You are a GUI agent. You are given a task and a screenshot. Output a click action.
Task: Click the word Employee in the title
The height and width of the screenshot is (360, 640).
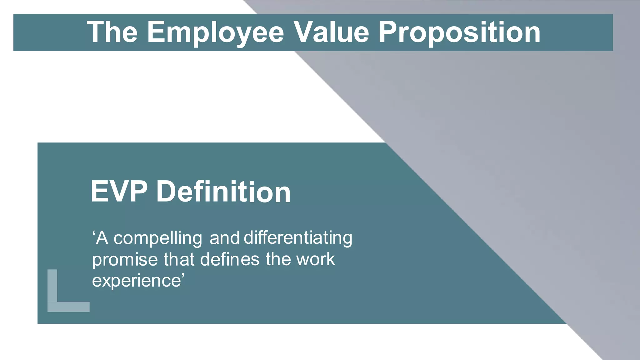click(215, 32)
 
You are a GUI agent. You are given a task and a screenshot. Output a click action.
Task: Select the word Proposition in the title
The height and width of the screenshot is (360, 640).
click(459, 32)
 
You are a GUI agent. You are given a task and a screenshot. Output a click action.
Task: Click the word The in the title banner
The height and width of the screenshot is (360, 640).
click(112, 32)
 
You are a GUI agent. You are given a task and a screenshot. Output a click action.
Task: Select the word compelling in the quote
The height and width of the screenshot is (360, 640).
click(158, 238)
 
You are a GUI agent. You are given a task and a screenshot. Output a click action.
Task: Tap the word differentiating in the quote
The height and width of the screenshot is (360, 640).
click(298, 238)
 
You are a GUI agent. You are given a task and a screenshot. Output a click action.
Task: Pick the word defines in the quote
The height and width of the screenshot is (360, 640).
click(230, 259)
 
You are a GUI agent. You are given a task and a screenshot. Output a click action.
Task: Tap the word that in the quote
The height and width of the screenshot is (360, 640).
click(179, 259)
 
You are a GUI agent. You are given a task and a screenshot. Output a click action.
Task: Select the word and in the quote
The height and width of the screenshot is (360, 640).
click(224, 238)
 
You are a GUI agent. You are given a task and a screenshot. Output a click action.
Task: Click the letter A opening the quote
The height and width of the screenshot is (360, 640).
click(102, 238)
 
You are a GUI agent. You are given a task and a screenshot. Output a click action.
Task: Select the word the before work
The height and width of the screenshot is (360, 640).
click(277, 259)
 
